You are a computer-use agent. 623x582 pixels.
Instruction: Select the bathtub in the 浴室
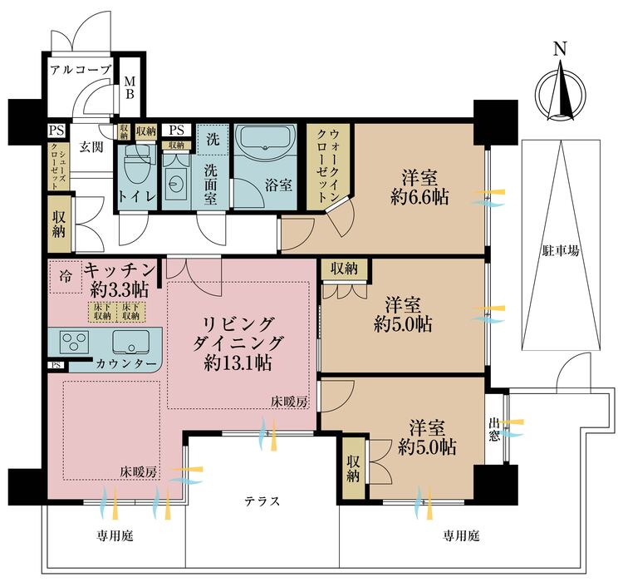(x=265, y=139)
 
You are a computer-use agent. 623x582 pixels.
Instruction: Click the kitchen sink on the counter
(x=130, y=342)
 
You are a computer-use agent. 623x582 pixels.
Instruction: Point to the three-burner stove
(x=74, y=342)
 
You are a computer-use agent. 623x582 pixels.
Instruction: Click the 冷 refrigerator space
(x=66, y=276)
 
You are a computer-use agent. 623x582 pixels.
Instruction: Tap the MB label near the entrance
(x=130, y=88)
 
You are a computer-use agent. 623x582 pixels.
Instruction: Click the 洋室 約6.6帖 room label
(x=419, y=187)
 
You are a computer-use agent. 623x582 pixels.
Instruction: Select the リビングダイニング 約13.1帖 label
(x=238, y=343)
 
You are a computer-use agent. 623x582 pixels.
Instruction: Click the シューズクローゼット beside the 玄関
(x=58, y=166)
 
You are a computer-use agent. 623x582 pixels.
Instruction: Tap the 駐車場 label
(x=561, y=251)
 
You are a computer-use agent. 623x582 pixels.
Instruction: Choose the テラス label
(x=262, y=501)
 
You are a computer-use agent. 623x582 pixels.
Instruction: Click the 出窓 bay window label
(x=494, y=429)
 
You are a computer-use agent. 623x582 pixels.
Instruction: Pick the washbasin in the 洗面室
(x=176, y=184)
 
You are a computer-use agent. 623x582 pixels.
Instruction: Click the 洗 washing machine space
(x=213, y=140)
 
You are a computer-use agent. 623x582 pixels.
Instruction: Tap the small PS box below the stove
(x=56, y=365)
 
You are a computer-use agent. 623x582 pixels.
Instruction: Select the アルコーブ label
(x=81, y=71)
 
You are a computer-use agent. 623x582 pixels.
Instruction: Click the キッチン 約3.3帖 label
(x=120, y=280)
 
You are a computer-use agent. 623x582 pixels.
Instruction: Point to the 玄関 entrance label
(x=91, y=147)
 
